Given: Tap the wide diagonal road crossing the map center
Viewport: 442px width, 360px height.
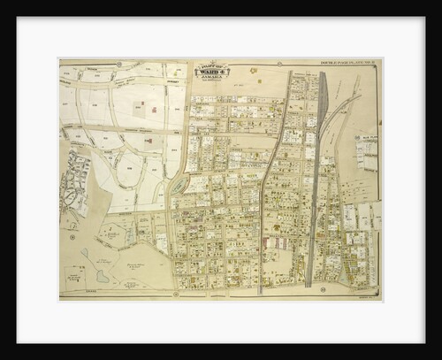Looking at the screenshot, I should coord(274,177).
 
